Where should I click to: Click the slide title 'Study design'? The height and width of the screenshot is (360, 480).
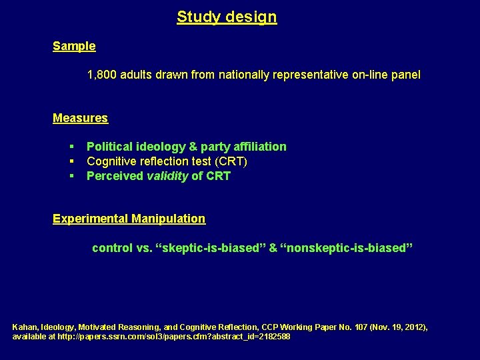point(227,17)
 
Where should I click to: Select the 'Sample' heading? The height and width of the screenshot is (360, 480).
point(74,47)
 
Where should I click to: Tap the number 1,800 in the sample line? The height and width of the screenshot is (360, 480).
point(102,75)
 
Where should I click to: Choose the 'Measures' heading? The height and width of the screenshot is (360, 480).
point(80,118)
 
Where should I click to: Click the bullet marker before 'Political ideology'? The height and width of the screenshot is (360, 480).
point(70,147)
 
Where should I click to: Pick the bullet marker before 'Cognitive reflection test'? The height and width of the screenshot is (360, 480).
point(70,161)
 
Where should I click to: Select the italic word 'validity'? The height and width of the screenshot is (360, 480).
point(167,176)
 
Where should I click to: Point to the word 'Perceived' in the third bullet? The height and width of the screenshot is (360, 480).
point(115,176)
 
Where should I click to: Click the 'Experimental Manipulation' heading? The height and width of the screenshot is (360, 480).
point(129,219)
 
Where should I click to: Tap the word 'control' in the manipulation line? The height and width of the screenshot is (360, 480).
point(112,248)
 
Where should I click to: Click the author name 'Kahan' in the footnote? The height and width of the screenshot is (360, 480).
point(25,327)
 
